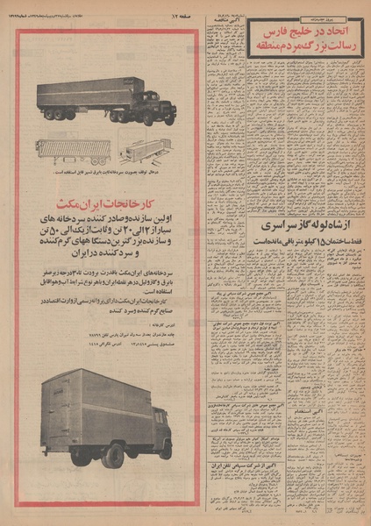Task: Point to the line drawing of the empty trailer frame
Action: coord(64,150)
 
